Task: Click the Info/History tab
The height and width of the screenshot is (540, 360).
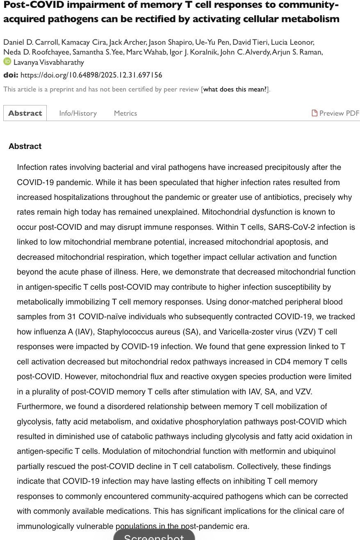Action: (78, 113)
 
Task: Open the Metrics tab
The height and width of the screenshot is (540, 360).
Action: (125, 113)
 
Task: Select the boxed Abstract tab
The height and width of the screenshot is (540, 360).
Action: (25, 113)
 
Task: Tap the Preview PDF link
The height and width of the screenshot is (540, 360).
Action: (339, 113)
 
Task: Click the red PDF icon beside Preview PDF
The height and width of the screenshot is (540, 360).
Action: (314, 113)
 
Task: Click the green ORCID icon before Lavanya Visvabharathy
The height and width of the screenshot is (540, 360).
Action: (7, 62)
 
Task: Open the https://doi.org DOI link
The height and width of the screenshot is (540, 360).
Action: (91, 75)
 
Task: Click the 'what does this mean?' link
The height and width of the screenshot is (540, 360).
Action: (235, 89)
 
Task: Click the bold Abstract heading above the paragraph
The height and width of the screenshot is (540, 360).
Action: (25, 146)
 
